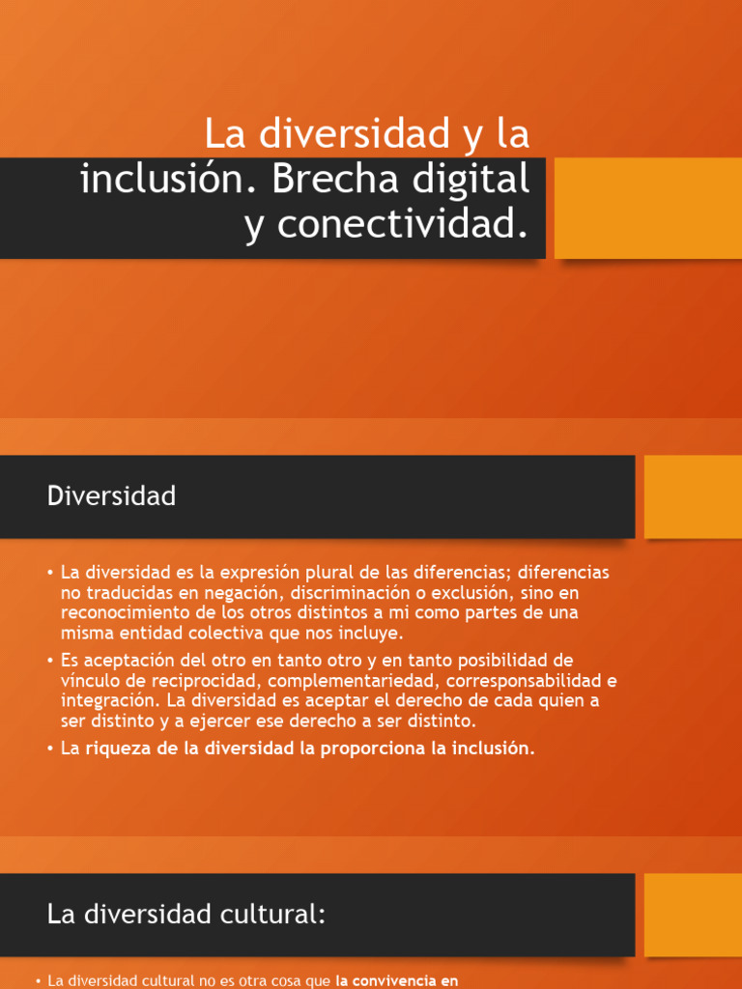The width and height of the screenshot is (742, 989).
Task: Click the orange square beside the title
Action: (x=647, y=208)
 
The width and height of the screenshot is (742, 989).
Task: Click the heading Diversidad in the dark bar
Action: (x=111, y=496)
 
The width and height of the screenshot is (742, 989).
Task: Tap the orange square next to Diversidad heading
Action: (x=693, y=496)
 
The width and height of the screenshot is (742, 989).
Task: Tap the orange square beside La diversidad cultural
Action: (x=693, y=915)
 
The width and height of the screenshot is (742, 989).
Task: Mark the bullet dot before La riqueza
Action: (x=49, y=749)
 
